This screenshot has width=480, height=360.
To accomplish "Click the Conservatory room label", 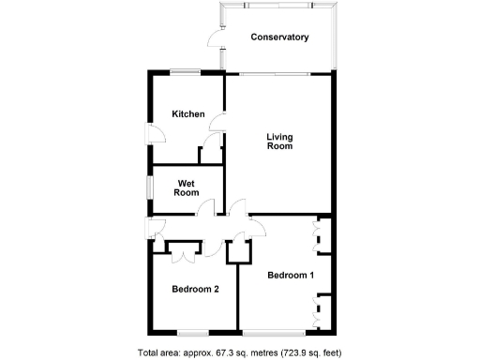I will pos(279,37).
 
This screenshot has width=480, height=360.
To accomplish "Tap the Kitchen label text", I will pos(187,114).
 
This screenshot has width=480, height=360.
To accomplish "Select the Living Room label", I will pos(279,142).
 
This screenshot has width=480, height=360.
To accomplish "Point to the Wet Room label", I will pos(187,187).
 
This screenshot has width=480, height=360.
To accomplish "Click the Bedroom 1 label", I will pos(291,275).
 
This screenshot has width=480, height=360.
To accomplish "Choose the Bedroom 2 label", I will pos(195,290).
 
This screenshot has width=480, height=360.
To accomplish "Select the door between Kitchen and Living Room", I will pos(217,123).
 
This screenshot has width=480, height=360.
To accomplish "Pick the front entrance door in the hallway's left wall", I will pos(153,226).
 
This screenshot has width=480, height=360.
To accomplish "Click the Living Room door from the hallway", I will pos(235,208).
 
